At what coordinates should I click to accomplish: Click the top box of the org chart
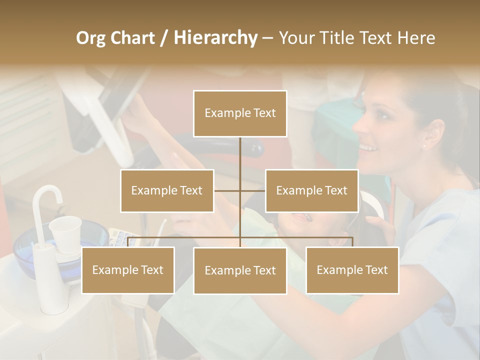coord(240,113)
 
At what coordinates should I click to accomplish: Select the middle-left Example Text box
coord(167,190)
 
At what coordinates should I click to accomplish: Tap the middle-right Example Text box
coord(311,190)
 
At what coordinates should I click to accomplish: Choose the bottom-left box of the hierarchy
coord(128,270)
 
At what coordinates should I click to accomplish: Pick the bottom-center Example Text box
coord(240,270)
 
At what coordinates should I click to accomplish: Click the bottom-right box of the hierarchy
coord(352,270)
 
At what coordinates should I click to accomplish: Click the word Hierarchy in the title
coord(215,37)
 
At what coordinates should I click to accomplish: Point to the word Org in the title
coord(91,38)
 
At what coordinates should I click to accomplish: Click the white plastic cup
coord(65,232)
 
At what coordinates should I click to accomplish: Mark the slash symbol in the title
coord(164,38)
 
